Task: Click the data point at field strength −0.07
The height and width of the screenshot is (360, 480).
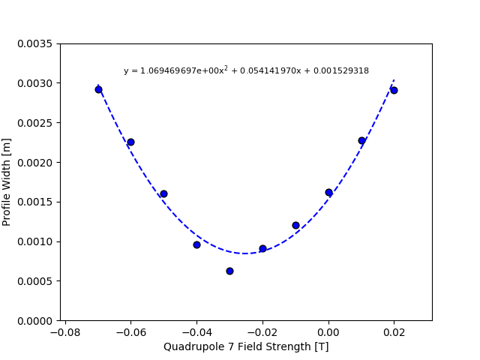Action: click(x=98, y=89)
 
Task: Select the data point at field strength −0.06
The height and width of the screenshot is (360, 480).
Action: click(x=130, y=142)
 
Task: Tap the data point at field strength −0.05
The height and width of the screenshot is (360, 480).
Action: click(x=163, y=193)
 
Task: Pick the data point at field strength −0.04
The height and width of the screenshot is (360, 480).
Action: click(x=196, y=244)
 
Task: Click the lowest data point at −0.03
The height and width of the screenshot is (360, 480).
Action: click(x=229, y=271)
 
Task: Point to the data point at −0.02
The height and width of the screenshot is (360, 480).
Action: click(x=262, y=248)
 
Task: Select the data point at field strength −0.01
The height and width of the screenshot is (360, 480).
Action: click(x=295, y=225)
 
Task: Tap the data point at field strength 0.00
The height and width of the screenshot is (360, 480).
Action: click(x=328, y=192)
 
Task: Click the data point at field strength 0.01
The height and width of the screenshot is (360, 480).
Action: click(x=361, y=140)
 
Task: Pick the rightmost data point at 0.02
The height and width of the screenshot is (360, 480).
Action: click(x=394, y=90)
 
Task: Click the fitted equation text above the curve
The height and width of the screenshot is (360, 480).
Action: click(x=246, y=70)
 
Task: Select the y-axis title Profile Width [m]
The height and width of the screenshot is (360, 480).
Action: click(x=7, y=181)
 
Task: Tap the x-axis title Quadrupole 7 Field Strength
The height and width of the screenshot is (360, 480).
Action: click(x=246, y=346)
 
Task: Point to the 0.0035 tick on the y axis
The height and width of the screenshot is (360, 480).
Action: click(x=35, y=43)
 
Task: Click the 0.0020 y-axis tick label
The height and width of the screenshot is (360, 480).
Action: click(x=35, y=163)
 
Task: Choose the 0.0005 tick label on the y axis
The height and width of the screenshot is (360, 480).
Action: click(x=35, y=281)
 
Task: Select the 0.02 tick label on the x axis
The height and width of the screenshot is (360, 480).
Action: click(x=394, y=331)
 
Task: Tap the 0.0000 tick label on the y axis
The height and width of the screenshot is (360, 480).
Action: click(x=35, y=321)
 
